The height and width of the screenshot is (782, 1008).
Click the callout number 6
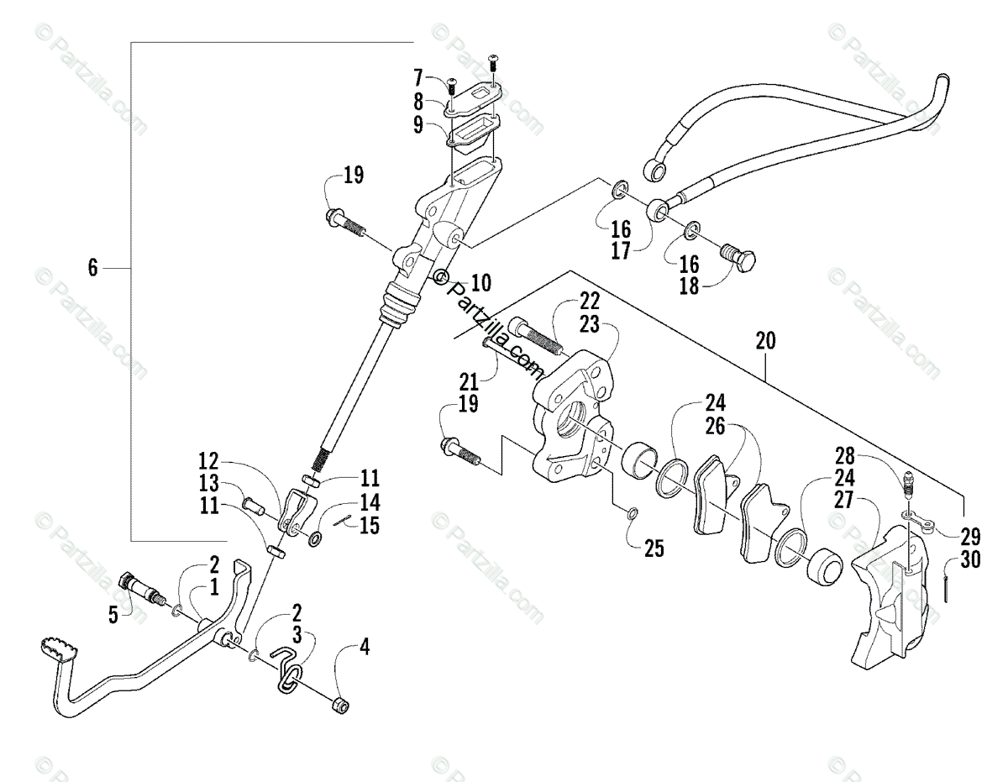93,268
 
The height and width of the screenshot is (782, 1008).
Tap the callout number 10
481,282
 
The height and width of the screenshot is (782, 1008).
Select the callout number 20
765,340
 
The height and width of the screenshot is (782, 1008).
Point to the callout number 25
654,549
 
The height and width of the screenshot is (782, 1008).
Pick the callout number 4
364,647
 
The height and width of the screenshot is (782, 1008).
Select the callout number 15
370,526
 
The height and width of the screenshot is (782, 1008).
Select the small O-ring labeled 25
633,514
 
